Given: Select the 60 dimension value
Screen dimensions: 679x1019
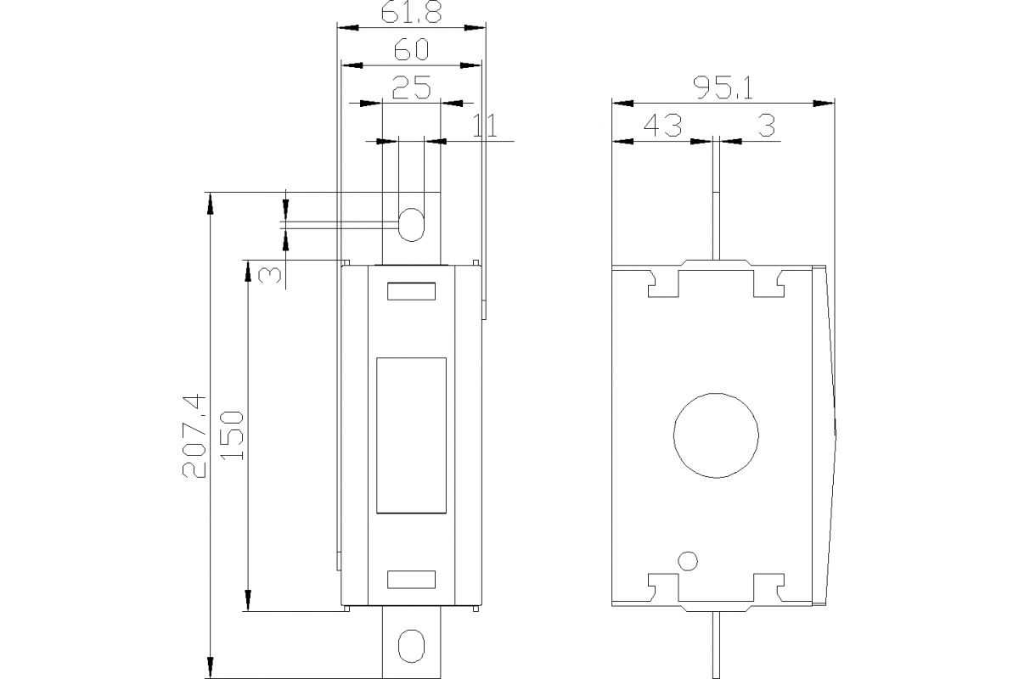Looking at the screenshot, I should tap(411, 50).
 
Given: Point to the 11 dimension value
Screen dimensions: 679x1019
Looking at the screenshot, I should tap(485, 126).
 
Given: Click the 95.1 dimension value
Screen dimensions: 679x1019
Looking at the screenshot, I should tap(723, 88).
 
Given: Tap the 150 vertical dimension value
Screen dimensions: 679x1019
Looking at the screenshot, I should tap(232, 435).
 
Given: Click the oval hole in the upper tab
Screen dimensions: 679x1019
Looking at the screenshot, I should tap(411, 225).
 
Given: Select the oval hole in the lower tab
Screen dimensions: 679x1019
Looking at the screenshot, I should tap(411, 645).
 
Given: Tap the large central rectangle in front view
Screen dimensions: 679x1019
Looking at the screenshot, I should tap(411, 435).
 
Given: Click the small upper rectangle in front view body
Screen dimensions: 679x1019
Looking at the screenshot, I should tap(412, 292).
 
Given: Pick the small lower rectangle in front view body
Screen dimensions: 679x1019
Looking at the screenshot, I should tap(412, 580).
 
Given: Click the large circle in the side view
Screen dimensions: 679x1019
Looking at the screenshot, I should tap(716, 435).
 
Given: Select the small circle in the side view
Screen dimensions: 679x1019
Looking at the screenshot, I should tap(688, 560).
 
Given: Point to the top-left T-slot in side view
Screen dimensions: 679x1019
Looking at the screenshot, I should tap(665, 283).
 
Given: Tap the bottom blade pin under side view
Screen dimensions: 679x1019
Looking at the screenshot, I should tap(715, 645).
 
